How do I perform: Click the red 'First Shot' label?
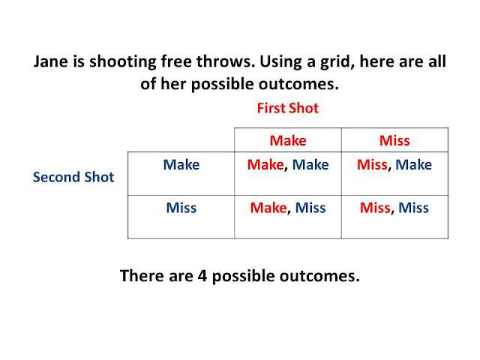(287, 108)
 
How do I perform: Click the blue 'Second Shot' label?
(73, 177)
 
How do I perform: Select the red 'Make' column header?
(288, 140)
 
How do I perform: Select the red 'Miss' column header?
(394, 140)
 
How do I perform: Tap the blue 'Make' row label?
(181, 165)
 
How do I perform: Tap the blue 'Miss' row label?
(181, 208)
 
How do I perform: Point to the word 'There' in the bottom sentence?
(142, 275)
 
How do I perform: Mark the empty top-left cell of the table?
(181, 140)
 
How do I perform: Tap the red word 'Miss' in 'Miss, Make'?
(372, 165)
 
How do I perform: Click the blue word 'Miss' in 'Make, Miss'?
(310, 208)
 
